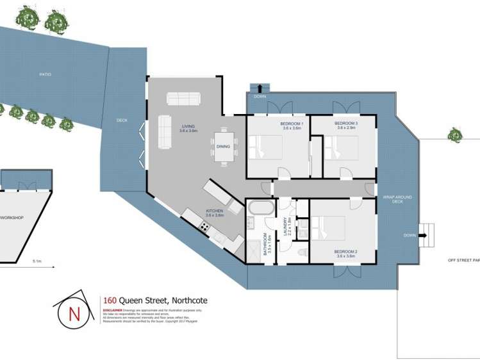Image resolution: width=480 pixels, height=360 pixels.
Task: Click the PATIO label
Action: [x=45, y=74]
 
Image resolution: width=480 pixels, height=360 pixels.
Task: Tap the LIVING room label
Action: [x=188, y=126]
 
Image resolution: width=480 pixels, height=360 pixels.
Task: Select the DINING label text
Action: [x=223, y=147]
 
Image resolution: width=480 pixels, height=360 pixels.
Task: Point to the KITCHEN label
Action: [x=214, y=211]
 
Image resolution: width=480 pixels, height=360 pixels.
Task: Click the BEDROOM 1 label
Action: [x=292, y=123]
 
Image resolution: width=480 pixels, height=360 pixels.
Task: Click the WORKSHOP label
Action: [x=12, y=218]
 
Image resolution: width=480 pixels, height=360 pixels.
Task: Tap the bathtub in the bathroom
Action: [x=261, y=208]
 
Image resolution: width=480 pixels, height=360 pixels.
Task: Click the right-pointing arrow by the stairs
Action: [x=423, y=235]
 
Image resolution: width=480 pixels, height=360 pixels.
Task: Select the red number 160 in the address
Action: [x=108, y=300]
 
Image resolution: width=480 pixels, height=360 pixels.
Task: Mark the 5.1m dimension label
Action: [x=37, y=261]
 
